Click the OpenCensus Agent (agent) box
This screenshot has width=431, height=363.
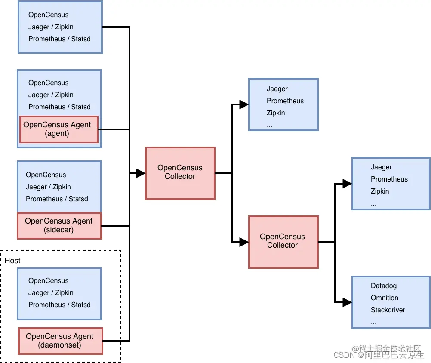(59, 129)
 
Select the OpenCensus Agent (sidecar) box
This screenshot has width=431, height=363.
(59, 225)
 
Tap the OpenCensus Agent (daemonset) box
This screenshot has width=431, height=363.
(60, 341)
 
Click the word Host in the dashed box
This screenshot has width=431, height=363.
(12, 261)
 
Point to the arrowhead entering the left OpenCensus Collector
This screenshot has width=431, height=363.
(141, 173)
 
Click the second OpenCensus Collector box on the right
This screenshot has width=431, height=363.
(283, 242)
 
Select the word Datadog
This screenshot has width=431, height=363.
(384, 286)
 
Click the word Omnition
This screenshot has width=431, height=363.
(385, 298)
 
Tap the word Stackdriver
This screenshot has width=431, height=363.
(388, 310)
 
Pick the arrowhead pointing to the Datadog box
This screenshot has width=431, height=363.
(347, 302)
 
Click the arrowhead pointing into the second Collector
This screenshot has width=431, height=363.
(244, 242)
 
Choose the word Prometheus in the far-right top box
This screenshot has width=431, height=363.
(389, 179)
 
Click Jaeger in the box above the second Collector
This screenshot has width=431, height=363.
(277, 89)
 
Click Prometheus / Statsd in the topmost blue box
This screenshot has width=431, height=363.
(59, 39)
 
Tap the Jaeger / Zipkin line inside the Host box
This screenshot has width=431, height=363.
(51, 292)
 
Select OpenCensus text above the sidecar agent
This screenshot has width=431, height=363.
(46, 175)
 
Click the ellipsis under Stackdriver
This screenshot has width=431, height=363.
(373, 322)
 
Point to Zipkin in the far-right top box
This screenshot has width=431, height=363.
(380, 191)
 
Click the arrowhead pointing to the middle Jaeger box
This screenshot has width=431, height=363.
(244, 105)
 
